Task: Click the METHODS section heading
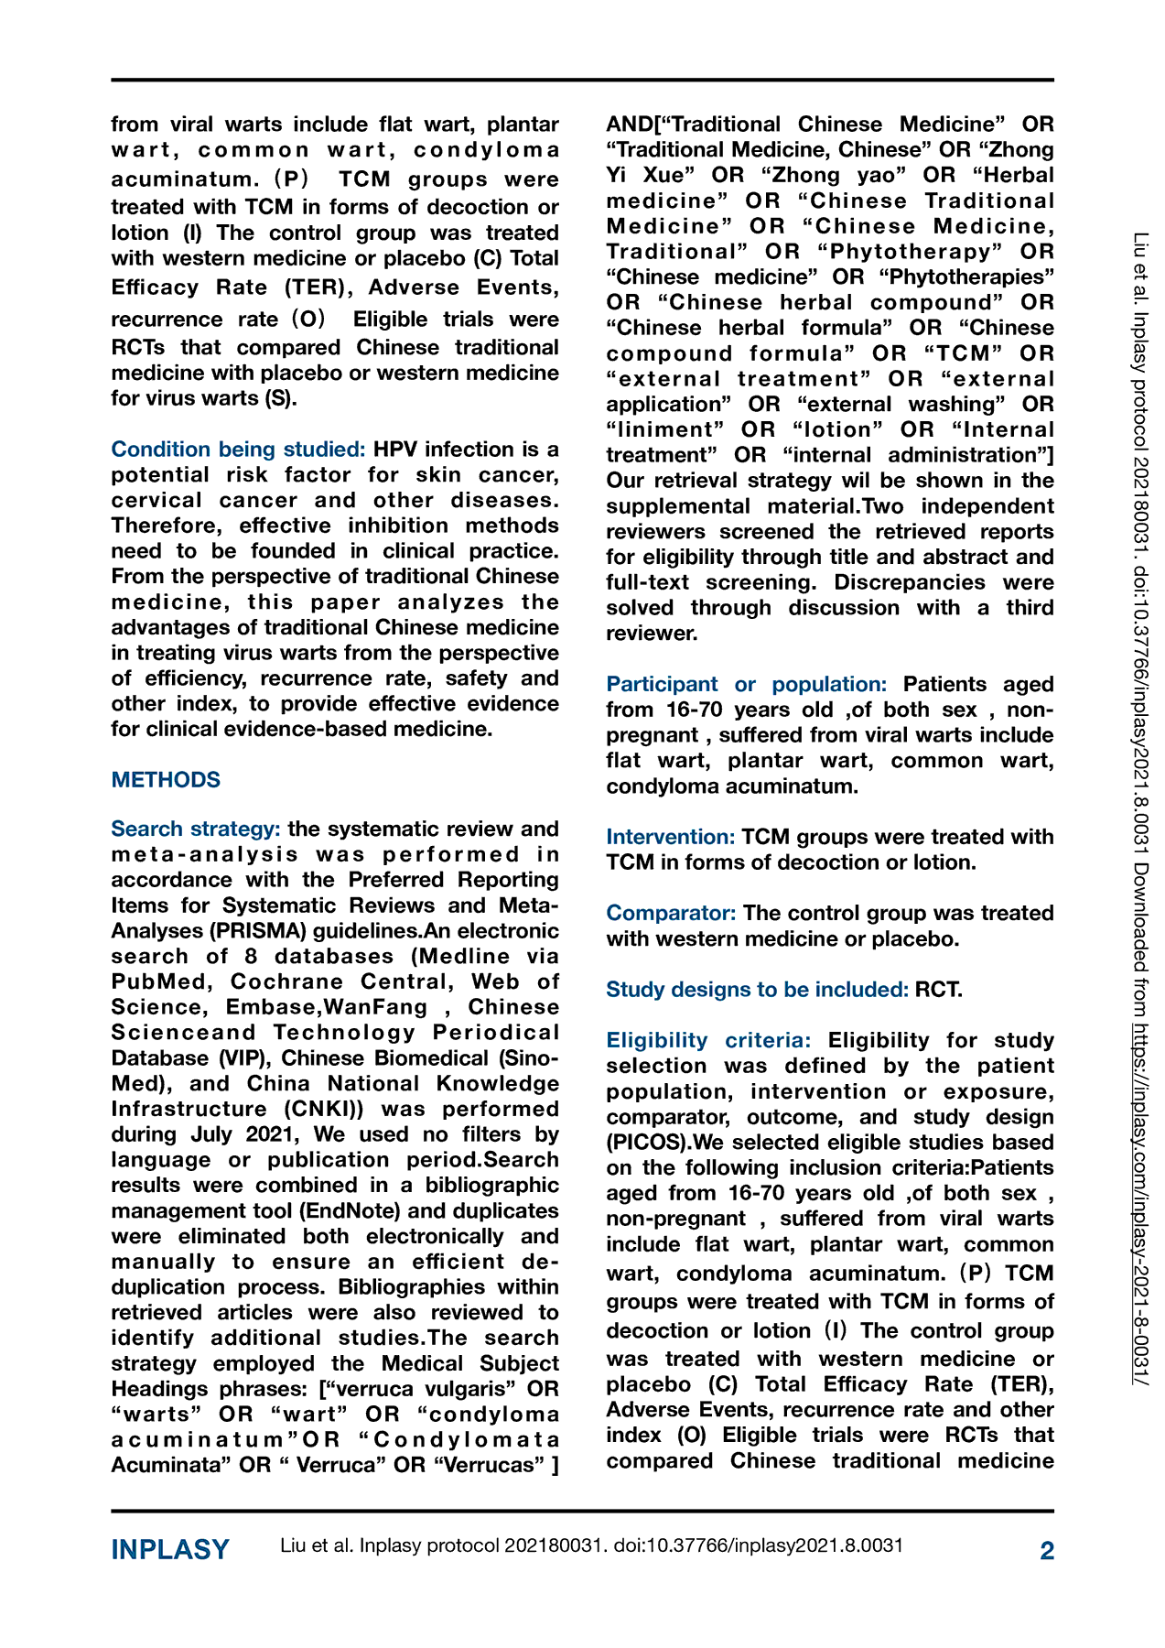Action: coord(166,780)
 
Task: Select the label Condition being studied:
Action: coord(238,450)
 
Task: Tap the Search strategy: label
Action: coord(195,829)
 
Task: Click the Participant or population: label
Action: coord(746,685)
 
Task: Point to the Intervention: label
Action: coord(670,837)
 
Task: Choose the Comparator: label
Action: coord(671,914)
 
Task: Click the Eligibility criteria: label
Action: coord(708,1041)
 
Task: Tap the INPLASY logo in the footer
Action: coord(170,1550)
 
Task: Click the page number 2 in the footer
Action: coord(1047,1550)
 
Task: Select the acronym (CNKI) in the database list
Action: coord(324,1110)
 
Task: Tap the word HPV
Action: coord(394,450)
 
